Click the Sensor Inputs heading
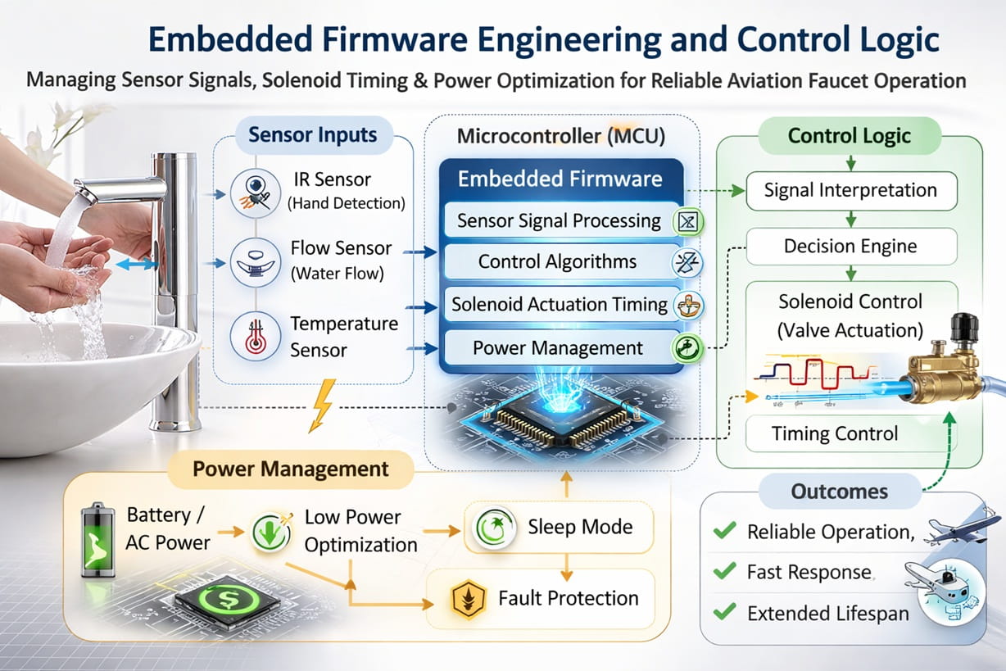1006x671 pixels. (313, 135)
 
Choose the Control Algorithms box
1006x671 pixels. (558, 262)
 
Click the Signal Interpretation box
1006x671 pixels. (850, 190)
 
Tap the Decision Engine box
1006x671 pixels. (850, 246)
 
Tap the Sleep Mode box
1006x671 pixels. (560, 526)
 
